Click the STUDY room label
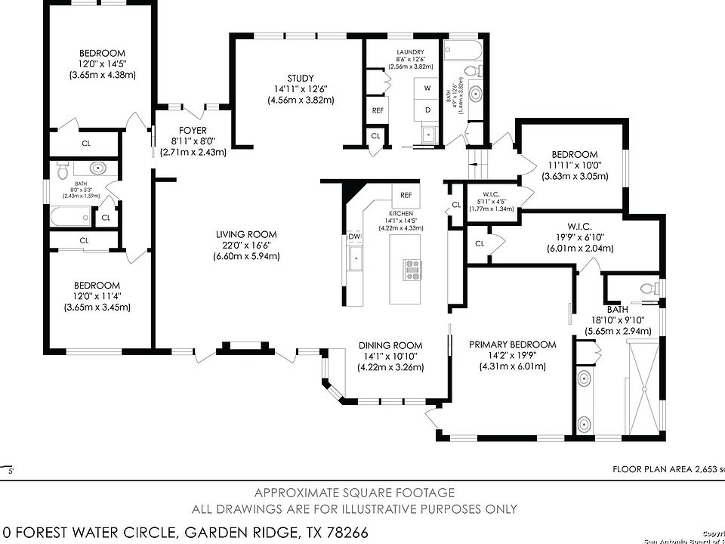coord(300,78)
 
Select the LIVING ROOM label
coord(245,234)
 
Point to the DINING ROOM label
coord(390,345)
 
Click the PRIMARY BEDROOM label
coord(512,345)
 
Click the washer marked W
coord(427,88)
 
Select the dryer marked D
coord(427,110)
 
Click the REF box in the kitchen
coord(406,195)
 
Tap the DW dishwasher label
coord(354,237)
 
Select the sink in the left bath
coord(97,168)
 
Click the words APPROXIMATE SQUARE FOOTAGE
coord(354,493)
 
